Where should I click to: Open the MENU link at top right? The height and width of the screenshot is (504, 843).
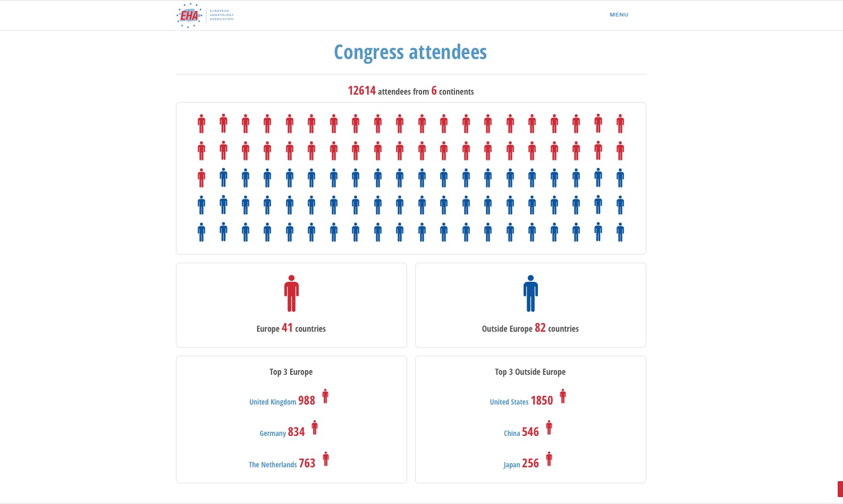tap(619, 15)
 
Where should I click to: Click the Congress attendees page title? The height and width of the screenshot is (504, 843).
tap(410, 52)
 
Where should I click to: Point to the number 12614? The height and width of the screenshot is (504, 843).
tap(361, 91)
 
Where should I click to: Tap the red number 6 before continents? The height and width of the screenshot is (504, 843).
tap(434, 91)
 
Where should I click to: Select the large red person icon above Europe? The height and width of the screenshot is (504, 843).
tap(291, 293)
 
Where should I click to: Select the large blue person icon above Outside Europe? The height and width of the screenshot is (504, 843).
tap(530, 293)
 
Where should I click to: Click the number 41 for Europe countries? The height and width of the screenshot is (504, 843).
tap(287, 328)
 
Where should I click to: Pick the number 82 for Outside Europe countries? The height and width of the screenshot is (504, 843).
tap(540, 328)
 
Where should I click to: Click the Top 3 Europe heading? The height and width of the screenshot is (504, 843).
tap(291, 372)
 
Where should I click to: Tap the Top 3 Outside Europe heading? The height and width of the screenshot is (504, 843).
tap(530, 372)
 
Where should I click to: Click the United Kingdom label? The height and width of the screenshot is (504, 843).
tap(273, 402)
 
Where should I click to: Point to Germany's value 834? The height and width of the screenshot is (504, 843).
tap(296, 432)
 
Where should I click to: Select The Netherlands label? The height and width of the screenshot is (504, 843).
tap(273, 465)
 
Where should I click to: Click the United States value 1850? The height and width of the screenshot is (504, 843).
tap(542, 401)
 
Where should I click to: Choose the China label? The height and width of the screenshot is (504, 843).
tap(512, 433)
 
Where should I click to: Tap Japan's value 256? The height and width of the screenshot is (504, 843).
tap(530, 464)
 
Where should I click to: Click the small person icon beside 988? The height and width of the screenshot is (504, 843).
tap(325, 397)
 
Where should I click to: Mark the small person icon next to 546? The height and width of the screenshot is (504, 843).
tap(549, 427)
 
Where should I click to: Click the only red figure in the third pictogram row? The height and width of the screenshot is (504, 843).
tap(201, 178)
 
